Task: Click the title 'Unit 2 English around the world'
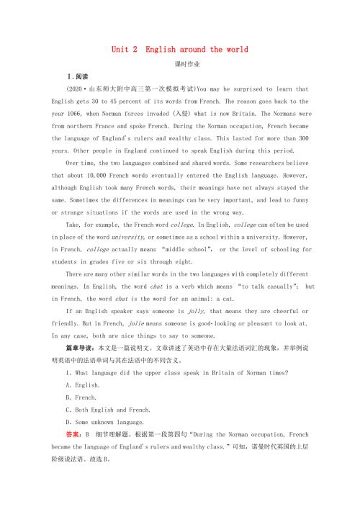point(179,50)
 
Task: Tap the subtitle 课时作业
point(179,64)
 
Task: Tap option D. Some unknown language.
point(108,422)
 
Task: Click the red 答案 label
point(74,435)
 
